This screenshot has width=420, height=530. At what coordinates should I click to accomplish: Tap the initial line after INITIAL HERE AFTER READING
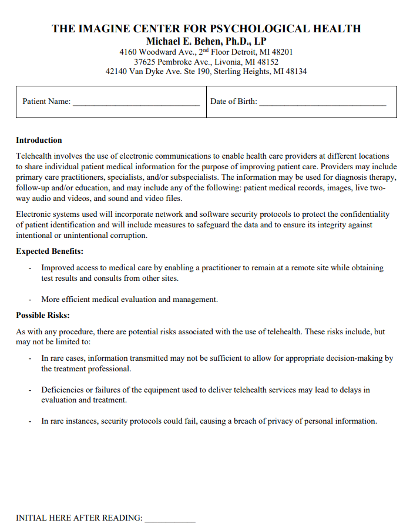pyautogui.click(x=170, y=521)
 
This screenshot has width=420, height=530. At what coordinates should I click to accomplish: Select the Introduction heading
pyautogui.click(x=39, y=140)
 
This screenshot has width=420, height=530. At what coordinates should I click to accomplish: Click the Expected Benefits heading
pyautogui.click(x=49, y=251)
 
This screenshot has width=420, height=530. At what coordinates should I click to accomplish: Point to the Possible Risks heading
pyautogui.click(x=43, y=316)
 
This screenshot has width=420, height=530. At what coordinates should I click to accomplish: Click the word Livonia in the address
pyautogui.click(x=226, y=62)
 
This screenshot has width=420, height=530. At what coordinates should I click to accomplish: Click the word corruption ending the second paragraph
pyautogui.click(x=129, y=236)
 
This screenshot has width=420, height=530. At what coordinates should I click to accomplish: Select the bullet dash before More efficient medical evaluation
pyautogui.click(x=30, y=300)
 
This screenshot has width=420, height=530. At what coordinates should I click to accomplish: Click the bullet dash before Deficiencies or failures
pyautogui.click(x=30, y=390)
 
